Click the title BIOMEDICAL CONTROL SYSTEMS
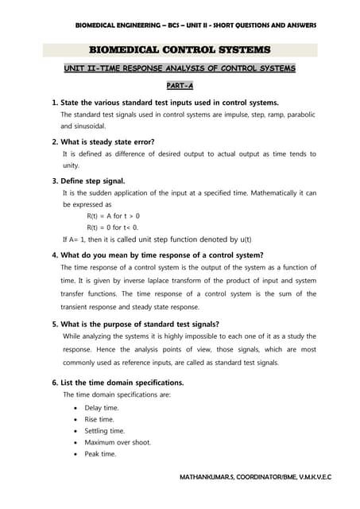(179, 49)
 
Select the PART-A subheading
(179, 86)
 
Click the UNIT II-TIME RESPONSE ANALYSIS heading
(179, 68)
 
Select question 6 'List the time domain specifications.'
(122, 382)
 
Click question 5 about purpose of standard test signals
(143, 324)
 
